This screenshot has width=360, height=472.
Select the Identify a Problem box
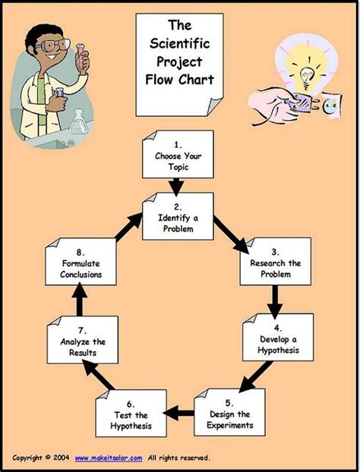(178, 216)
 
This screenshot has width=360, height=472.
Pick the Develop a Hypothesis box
(277, 338)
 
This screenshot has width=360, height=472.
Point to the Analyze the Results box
(81, 340)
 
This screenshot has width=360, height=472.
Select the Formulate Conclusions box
(81, 263)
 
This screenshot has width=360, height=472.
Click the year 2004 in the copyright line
(62, 457)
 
